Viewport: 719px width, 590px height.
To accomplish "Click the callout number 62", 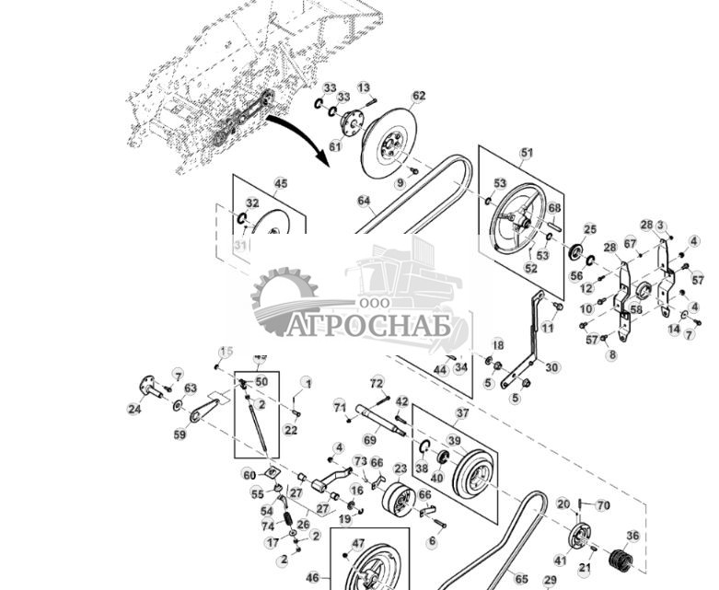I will tap(419, 96).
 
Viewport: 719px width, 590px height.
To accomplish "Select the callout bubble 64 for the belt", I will tap(364, 201).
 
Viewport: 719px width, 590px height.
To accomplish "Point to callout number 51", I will tap(527, 153).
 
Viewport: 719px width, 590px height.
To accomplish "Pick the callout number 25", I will tap(590, 229).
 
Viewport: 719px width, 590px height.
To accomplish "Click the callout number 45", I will tap(281, 184).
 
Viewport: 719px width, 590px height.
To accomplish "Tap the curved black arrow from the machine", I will tap(295, 133).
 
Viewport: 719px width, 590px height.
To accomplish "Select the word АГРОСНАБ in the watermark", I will tap(367, 326).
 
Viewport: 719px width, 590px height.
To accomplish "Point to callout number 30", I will tap(551, 367).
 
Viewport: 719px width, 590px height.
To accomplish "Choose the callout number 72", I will tap(377, 382).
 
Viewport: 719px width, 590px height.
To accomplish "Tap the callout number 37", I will tap(462, 414).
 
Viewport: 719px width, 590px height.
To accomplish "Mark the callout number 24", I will tap(134, 409).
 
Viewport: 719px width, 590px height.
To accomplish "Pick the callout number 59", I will tap(180, 435).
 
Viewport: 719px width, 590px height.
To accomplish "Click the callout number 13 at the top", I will tap(364, 87).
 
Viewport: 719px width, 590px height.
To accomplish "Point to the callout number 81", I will tap(335, 146).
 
